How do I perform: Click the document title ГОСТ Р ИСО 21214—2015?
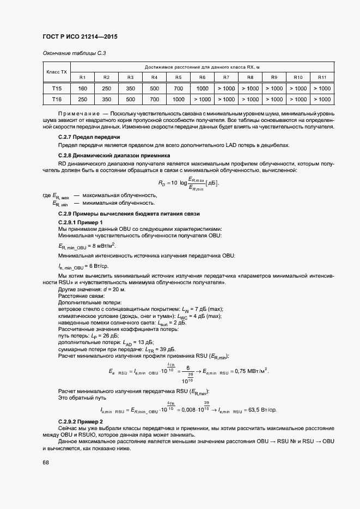pyautogui.click(x=80, y=37)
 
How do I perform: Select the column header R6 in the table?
pyautogui.click(x=202, y=77)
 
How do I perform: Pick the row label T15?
pyautogui.click(x=57, y=88)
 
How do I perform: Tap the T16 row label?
pyautogui.click(x=57, y=99)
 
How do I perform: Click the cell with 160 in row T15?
pyautogui.click(x=83, y=88)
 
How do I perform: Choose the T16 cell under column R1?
pyautogui.click(x=83, y=99)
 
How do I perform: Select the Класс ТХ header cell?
pyautogui.click(x=57, y=71)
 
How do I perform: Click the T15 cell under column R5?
pyautogui.click(x=178, y=88)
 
